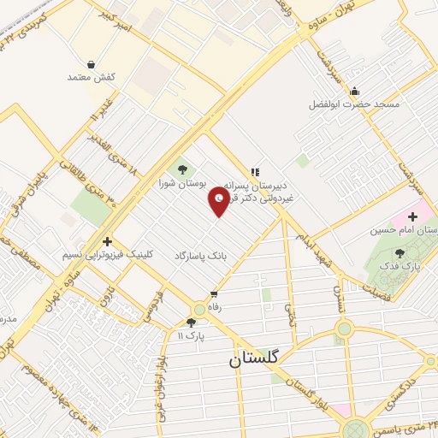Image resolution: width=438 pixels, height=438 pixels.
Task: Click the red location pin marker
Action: pos(219,201)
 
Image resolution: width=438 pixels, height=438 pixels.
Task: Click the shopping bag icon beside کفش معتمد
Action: pos(91,62)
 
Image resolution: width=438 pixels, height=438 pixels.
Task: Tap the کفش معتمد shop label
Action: pos(91,78)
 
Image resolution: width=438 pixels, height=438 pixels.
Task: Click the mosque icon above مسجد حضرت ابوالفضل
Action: pos(355,91)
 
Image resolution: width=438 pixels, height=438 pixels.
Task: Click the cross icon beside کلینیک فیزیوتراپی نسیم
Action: pos(107,241)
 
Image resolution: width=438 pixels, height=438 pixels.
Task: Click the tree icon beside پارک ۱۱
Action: pos(191,323)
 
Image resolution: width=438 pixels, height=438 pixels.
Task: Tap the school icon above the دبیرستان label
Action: pos(253,171)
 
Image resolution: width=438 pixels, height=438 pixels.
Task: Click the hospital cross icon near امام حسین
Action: pos(412,216)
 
